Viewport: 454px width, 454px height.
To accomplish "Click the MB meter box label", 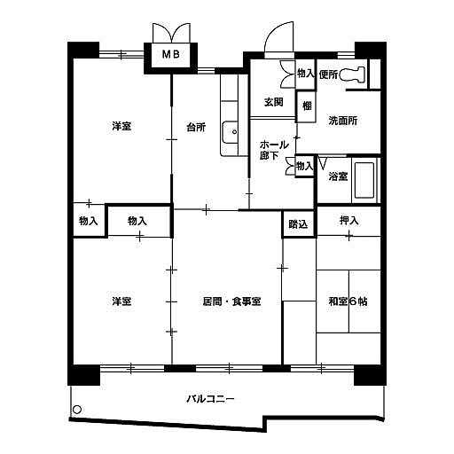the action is [x=171, y=54].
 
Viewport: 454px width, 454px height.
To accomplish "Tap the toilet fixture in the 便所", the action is [x=352, y=74].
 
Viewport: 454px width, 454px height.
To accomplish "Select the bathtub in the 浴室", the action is [x=364, y=180].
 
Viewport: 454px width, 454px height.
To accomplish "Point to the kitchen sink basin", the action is [x=230, y=132].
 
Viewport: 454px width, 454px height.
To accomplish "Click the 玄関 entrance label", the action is [x=274, y=102].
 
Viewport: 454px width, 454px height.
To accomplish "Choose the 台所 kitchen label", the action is [x=196, y=128].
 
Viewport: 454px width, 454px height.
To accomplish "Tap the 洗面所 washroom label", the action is [x=343, y=121].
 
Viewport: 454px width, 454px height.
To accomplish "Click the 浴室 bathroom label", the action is [x=338, y=176].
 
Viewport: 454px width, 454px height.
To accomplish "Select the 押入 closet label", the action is [x=349, y=221].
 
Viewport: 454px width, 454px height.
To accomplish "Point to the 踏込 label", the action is [x=298, y=224].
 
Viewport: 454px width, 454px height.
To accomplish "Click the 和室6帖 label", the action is [x=348, y=301].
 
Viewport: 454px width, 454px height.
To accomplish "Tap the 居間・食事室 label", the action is [x=231, y=301].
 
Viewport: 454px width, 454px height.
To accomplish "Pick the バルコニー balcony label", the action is [x=210, y=399].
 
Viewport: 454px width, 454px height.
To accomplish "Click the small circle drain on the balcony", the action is [x=77, y=410].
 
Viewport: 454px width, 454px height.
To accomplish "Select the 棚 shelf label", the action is [x=307, y=106].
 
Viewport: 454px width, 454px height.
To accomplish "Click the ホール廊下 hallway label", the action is [x=274, y=150].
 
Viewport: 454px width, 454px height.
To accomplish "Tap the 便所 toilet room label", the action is [x=328, y=74].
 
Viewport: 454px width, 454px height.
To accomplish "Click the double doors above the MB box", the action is [x=171, y=33].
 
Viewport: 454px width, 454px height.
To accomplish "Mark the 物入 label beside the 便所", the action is [x=306, y=74].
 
